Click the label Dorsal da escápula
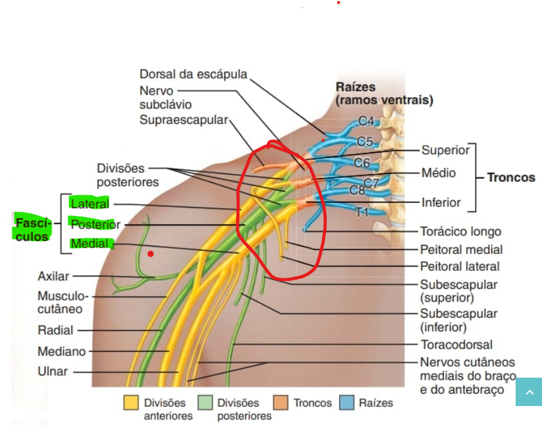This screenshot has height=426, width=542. point(193,75)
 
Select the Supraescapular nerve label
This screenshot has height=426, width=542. point(183,120)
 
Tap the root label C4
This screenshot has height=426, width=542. point(366,121)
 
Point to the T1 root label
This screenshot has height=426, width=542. point(363,211)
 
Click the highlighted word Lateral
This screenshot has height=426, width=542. point(90,204)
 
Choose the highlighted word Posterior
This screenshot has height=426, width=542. point(95,224)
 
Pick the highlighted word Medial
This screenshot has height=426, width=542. point(89,244)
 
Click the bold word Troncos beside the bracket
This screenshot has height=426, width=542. point(510,177)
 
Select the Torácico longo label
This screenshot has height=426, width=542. point(460,231)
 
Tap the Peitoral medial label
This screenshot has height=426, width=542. point(461,249)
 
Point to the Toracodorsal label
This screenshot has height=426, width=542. point(456,345)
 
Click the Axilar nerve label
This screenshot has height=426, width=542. point(53,276)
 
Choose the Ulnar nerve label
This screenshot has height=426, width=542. point(53,371)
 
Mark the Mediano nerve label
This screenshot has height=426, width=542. point(62,352)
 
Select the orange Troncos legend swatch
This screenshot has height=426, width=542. point(281,403)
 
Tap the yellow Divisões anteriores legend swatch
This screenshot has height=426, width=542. point(131,403)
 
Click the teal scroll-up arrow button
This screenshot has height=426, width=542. point(528,392)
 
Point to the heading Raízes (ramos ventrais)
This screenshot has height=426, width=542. point(384,93)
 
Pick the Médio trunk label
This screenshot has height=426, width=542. point(438,173)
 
